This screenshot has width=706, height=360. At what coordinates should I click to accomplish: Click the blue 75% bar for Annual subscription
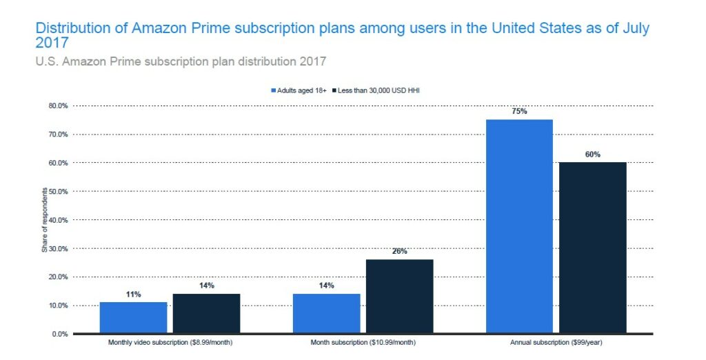click(x=518, y=226)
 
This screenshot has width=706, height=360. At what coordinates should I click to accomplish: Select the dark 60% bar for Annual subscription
click(x=592, y=248)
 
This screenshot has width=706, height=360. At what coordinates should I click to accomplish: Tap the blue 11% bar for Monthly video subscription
click(x=133, y=317)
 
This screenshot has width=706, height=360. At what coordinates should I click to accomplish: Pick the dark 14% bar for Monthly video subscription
click(x=206, y=313)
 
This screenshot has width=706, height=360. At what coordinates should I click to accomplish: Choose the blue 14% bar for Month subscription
click(x=326, y=313)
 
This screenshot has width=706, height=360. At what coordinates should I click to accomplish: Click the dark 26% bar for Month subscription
click(x=400, y=296)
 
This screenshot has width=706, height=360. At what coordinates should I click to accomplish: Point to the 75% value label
click(x=519, y=111)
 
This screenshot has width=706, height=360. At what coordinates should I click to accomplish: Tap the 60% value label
click(x=593, y=154)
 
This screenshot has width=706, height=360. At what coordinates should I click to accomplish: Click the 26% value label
click(x=400, y=251)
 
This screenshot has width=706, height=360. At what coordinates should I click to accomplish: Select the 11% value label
click(x=133, y=294)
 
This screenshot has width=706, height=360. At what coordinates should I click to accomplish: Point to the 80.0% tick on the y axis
click(x=57, y=106)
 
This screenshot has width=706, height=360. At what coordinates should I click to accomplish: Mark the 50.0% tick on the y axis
click(x=57, y=191)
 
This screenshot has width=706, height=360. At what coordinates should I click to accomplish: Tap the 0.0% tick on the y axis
click(x=59, y=334)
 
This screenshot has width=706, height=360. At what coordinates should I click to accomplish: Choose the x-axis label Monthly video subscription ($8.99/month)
click(x=170, y=343)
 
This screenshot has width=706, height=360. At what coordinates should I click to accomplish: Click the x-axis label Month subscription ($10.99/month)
click(x=363, y=343)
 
